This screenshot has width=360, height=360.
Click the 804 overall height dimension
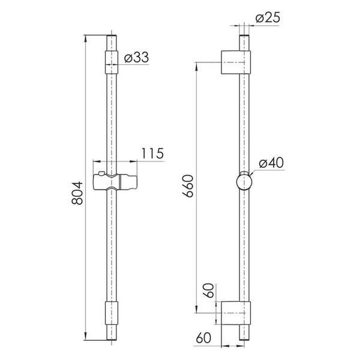(77, 193)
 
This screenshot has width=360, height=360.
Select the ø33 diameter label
(136, 57)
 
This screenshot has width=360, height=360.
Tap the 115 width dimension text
(152, 153)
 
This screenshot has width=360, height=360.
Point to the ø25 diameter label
(268, 17)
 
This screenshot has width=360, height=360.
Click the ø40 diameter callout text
(271, 163)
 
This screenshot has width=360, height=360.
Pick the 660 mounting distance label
(188, 186)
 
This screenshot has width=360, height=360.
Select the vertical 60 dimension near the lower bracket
(209, 290)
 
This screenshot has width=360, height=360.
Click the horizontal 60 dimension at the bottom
(203, 338)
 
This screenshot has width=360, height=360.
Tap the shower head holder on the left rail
(115, 182)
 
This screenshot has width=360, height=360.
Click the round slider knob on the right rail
(244, 182)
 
